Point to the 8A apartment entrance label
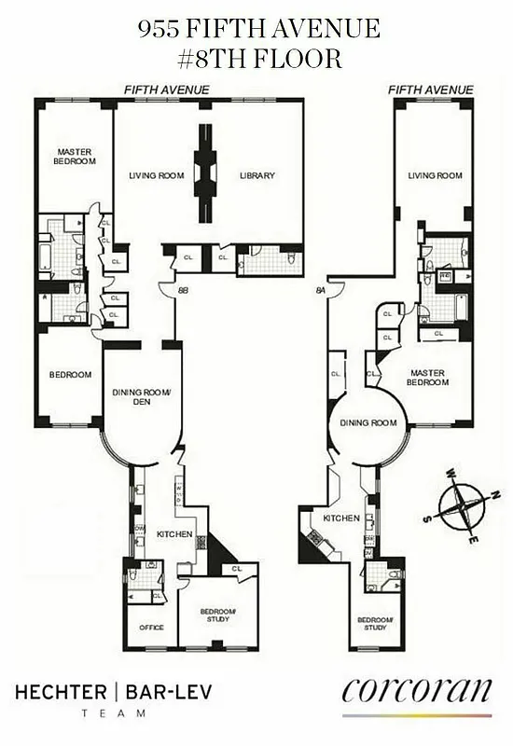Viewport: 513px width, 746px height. point(321,291)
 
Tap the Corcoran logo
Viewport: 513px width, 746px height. point(416,691)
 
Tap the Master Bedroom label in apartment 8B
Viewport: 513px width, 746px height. point(76,157)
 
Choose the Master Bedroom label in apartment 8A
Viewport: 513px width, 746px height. point(427,378)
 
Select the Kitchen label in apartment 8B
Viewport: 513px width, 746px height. point(174,534)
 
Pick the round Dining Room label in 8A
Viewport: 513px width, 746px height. point(367,422)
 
